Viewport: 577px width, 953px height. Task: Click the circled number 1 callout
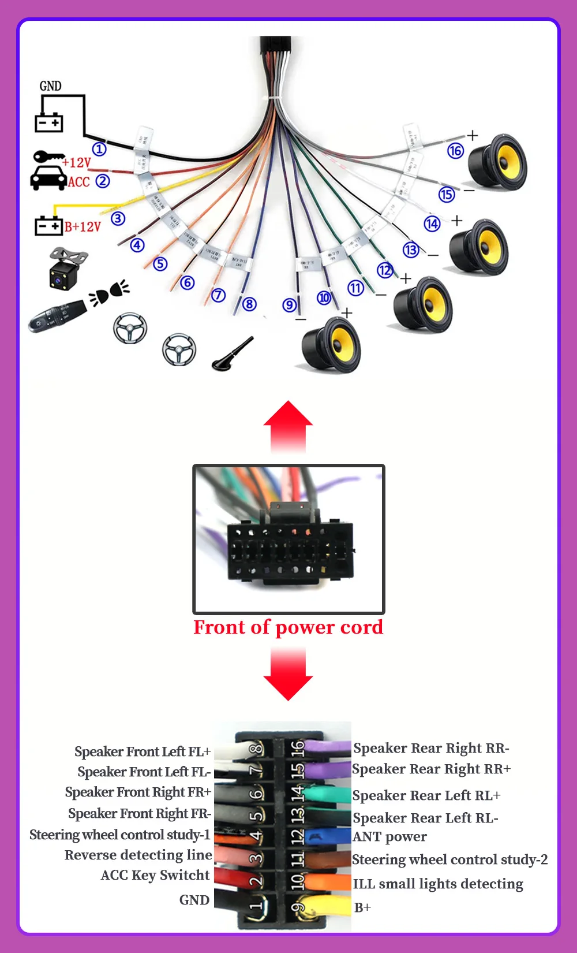pos(99,149)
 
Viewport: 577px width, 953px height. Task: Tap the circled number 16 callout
pos(455,151)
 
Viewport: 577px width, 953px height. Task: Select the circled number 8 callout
pos(249,304)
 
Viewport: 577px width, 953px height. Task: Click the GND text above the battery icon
pos(50,86)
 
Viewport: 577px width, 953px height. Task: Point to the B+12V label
pos(83,226)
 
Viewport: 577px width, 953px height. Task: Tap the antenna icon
pos(232,354)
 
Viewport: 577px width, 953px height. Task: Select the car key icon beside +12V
pos(48,157)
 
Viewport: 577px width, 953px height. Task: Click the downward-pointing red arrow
pos(288,673)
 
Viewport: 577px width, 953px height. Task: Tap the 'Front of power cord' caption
pos(288,627)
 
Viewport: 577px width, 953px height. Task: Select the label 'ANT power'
pos(390,837)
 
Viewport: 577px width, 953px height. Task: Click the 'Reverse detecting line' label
pos(138,855)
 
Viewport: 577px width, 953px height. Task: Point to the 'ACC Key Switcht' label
pos(155,875)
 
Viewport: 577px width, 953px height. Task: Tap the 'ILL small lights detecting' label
pos(438,884)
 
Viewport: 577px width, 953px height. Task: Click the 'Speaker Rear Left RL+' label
pos(426,795)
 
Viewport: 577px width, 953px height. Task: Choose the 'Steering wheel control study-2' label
pos(450,859)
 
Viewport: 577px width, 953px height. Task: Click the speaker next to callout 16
pos(497,163)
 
